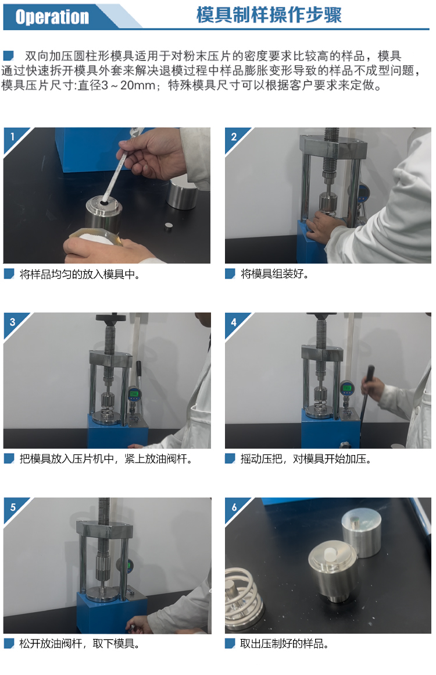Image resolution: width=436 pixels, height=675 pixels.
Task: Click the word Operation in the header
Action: tap(52, 17)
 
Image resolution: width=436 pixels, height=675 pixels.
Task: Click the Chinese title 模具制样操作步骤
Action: tap(269, 15)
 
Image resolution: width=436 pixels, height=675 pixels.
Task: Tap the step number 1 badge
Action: tap(12, 137)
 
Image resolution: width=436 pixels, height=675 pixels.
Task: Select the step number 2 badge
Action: tap(234, 137)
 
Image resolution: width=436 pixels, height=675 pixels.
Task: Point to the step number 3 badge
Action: tap(12, 322)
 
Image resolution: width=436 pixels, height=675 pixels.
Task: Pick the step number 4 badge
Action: tap(234, 322)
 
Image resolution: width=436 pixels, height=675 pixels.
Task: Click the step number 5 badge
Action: tap(12, 507)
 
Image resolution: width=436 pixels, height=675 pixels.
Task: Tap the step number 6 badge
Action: tap(234, 507)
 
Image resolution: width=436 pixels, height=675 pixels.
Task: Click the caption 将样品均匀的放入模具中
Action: tap(80, 274)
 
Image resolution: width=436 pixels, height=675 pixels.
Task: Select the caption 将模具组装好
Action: tap(274, 274)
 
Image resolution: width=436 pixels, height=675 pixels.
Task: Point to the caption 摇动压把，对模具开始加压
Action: tap(305, 459)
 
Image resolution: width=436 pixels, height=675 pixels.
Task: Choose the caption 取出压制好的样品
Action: tap(284, 644)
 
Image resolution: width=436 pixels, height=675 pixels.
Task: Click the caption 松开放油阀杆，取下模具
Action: tap(79, 644)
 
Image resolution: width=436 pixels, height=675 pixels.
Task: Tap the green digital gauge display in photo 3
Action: tap(134, 393)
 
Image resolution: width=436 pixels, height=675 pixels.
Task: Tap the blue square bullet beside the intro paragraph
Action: tap(8, 55)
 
